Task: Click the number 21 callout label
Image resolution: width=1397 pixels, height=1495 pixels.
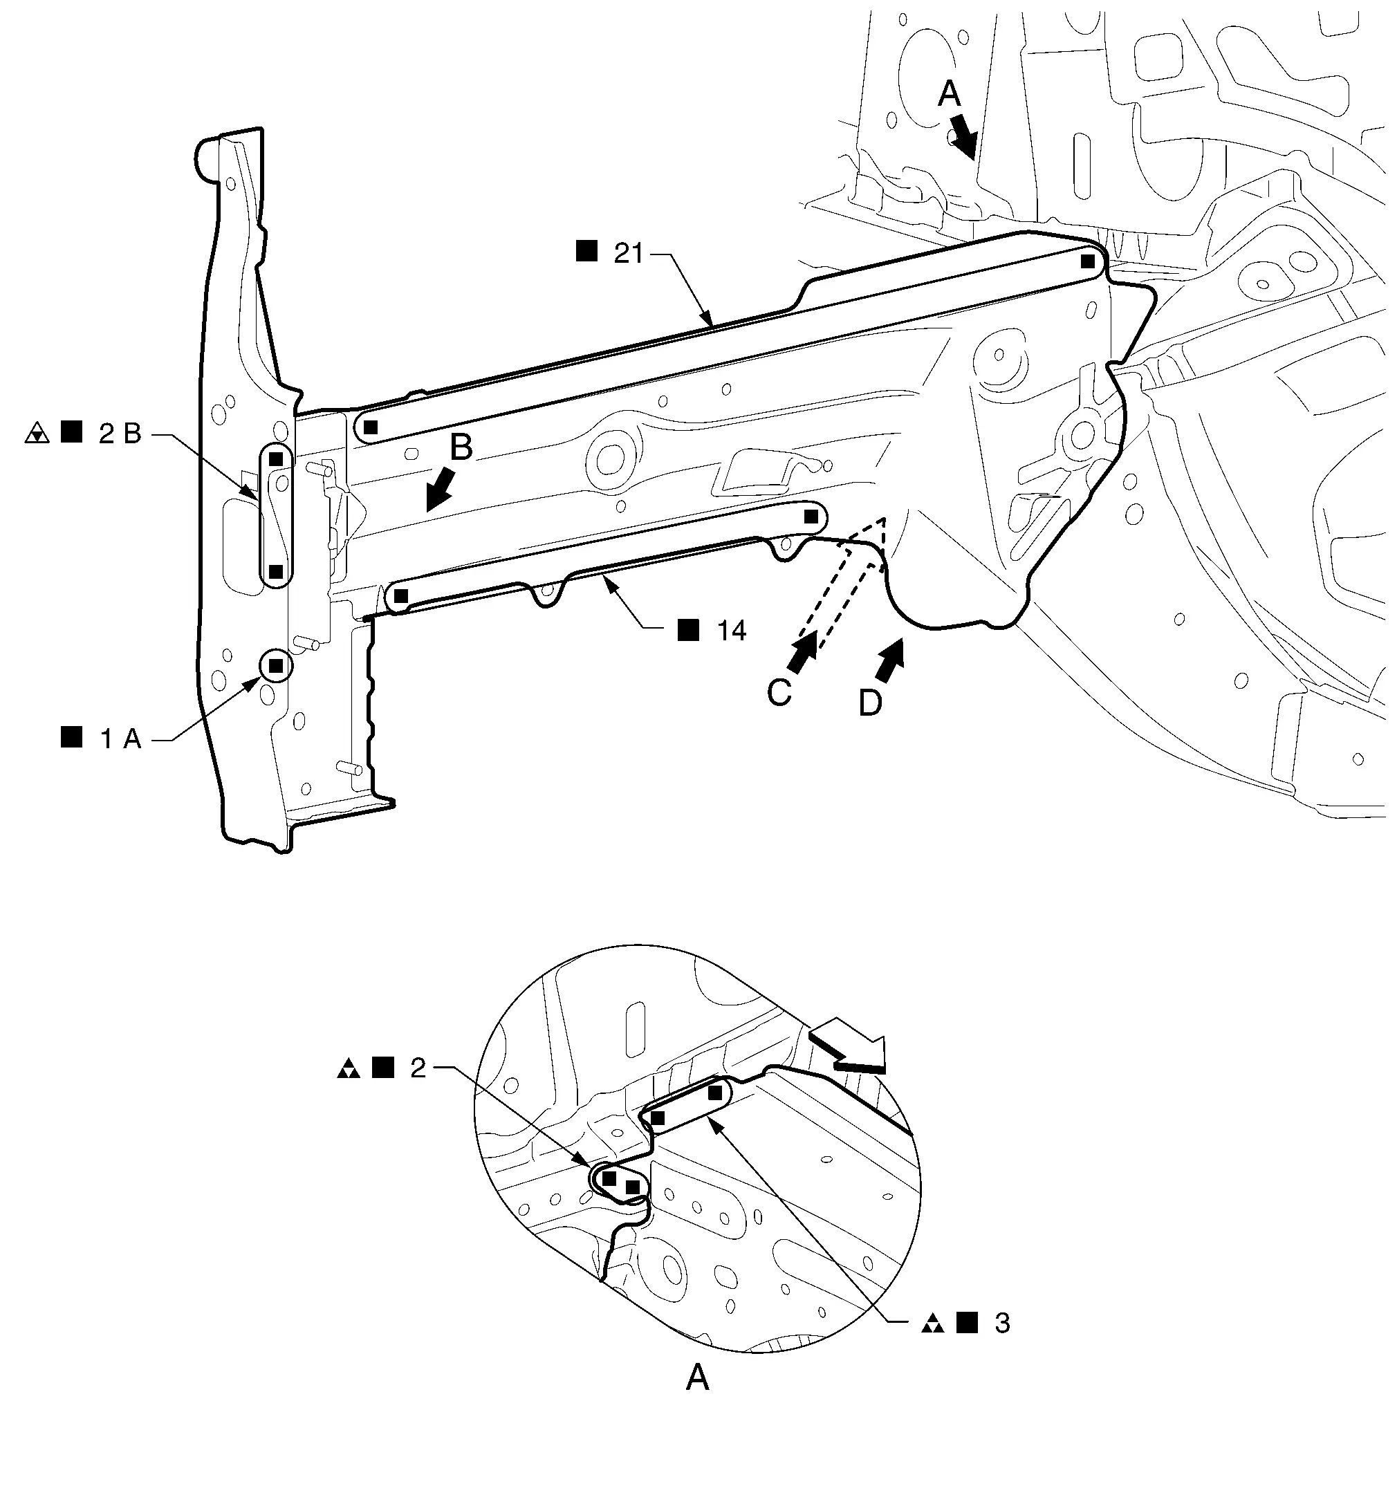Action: (629, 253)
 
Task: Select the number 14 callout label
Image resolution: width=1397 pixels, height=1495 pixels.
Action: (731, 630)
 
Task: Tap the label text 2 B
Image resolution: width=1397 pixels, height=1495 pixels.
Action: (120, 434)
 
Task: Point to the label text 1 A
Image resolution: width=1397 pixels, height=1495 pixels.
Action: (121, 739)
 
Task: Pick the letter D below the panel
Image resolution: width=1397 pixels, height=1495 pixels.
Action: (871, 704)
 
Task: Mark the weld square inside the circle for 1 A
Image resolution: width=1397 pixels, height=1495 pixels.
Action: (275, 665)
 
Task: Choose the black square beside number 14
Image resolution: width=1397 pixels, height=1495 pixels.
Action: (688, 629)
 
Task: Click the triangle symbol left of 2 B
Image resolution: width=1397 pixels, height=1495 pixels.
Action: (36, 434)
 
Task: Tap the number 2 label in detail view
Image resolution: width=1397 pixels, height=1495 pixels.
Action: (418, 1068)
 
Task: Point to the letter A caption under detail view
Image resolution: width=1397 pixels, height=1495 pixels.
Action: (698, 1378)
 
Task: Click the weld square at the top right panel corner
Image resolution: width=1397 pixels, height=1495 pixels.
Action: (1087, 261)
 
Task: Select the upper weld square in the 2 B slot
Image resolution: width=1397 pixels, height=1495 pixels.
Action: (276, 458)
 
